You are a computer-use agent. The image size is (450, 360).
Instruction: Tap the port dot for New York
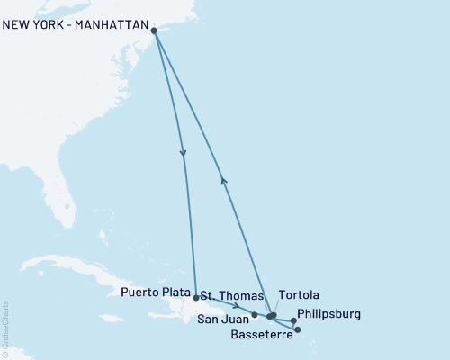click(155, 31)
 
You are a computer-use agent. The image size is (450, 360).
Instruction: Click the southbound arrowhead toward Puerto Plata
click(184, 152)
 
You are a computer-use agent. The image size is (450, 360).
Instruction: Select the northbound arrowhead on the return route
click(224, 180)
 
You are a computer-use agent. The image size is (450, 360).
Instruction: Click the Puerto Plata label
click(156, 293)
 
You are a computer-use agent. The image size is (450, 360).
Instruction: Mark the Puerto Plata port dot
click(196, 296)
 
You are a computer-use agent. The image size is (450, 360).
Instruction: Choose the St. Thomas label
click(231, 295)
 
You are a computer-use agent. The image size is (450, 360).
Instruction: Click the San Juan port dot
click(255, 315)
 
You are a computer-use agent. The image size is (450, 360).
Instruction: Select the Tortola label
click(300, 294)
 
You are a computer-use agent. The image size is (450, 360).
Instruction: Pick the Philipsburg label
click(328, 314)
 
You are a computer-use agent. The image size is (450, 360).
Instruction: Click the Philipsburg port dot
click(293, 320)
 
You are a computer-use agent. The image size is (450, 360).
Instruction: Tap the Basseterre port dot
click(298, 329)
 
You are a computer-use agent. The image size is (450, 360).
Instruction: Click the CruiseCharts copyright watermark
click(5, 329)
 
